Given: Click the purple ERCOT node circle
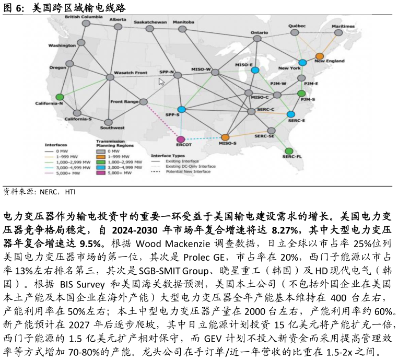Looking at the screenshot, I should (x=181, y=140).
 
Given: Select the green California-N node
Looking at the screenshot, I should (x=60, y=97).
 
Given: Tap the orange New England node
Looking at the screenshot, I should (x=320, y=56).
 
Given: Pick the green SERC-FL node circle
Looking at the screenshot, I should (x=289, y=151).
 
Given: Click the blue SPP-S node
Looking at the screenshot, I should (x=182, y=109).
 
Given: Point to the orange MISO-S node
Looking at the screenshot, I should (x=225, y=137).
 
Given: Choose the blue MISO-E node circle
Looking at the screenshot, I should (x=255, y=70).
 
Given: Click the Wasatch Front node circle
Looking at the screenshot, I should (x=110, y=77).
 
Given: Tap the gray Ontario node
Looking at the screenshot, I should (x=257, y=38).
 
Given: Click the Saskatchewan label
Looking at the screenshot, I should (x=150, y=22).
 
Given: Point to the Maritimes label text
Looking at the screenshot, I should (x=343, y=26).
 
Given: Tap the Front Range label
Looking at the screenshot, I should (x=124, y=101).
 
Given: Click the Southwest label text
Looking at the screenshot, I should (x=112, y=127).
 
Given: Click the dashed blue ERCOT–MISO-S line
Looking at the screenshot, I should (x=203, y=138).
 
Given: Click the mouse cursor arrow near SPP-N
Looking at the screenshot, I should (x=161, y=82).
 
